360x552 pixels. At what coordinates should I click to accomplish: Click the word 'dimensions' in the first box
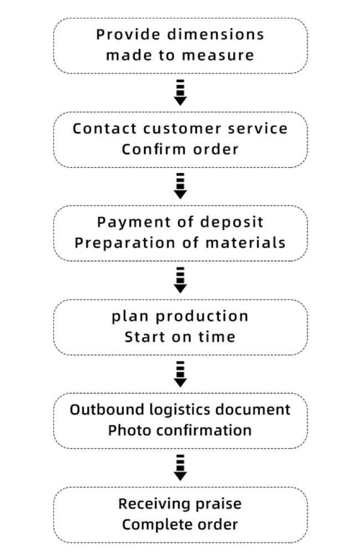(x=215, y=34)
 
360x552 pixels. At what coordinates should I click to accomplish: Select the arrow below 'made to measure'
(x=180, y=93)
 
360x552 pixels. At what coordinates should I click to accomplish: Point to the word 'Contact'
(x=105, y=129)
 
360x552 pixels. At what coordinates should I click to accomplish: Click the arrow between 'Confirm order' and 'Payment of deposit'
(x=180, y=186)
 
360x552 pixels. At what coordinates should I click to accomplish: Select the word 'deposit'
(x=232, y=222)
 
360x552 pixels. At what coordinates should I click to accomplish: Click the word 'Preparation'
(x=125, y=243)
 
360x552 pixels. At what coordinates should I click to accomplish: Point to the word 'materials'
(x=245, y=243)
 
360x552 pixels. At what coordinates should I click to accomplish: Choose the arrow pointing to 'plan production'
(x=180, y=280)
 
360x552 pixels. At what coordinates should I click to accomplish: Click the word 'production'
(x=202, y=316)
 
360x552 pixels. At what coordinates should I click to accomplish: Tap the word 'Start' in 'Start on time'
(x=145, y=337)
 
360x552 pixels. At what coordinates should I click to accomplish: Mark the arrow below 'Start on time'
(x=180, y=374)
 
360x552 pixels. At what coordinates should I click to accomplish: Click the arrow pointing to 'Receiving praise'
(x=180, y=468)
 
